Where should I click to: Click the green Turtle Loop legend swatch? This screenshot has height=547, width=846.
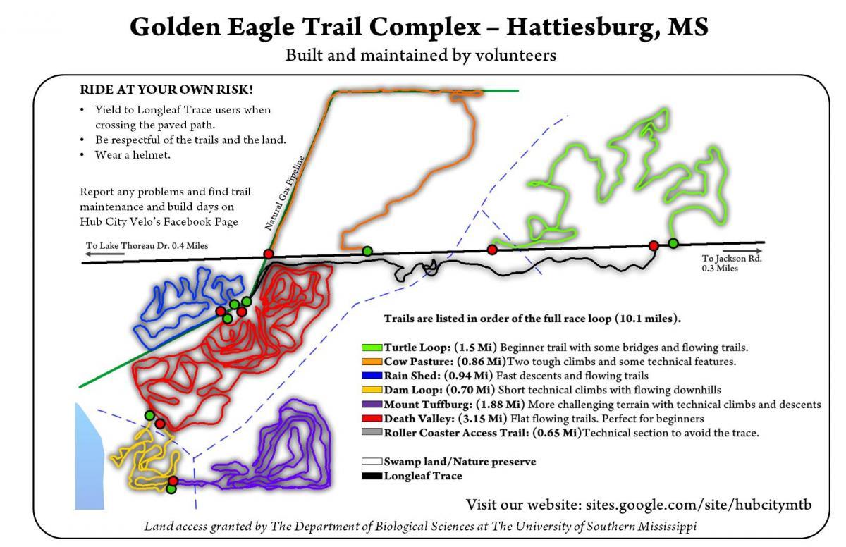click(372, 348)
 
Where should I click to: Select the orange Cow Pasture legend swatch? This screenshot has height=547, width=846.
click(372, 362)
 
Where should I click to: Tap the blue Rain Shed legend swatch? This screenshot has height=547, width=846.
click(372, 376)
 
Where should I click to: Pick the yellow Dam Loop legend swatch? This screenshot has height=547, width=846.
click(372, 390)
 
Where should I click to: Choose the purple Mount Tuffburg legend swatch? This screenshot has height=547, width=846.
click(372, 405)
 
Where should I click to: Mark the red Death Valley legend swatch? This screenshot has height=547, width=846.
click(372, 419)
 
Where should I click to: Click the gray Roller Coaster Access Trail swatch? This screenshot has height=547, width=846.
click(372, 433)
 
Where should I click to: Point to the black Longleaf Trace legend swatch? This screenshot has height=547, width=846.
click(372, 476)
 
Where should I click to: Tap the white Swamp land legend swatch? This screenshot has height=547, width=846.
click(372, 462)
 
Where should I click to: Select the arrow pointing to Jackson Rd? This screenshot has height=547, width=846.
click(742, 250)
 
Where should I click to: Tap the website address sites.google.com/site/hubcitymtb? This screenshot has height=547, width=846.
click(695, 505)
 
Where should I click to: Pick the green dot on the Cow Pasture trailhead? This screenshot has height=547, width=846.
click(367, 250)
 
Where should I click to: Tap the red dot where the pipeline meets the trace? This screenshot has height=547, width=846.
click(268, 254)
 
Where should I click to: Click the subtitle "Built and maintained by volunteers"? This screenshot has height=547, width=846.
click(420, 55)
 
